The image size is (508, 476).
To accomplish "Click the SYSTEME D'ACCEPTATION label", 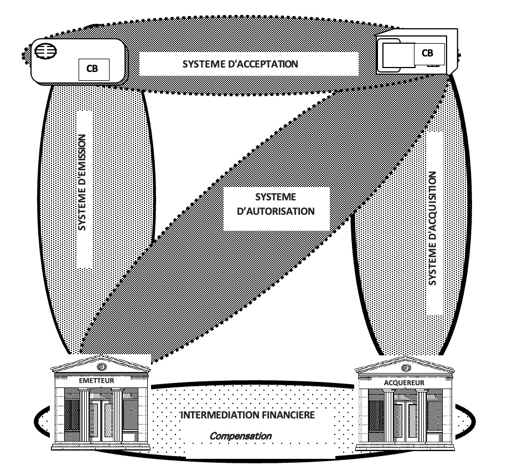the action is (240, 64).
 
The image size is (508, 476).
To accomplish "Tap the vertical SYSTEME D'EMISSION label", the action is (82, 183).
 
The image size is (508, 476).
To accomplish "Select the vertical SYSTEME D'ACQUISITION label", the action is (433, 228).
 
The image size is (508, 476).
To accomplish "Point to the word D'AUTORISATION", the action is (276, 211).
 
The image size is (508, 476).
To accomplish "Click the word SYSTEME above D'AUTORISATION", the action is (276, 197).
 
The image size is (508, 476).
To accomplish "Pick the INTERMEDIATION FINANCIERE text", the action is (247, 415).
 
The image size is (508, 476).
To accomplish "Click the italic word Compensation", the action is (241, 436).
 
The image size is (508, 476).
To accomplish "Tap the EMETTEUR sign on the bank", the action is (96, 380).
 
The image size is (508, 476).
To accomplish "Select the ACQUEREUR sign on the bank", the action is (404, 382).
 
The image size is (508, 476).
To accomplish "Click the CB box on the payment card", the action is (94, 69).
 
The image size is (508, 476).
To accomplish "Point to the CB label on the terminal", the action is (427, 53).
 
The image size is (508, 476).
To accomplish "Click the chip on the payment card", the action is (46, 51).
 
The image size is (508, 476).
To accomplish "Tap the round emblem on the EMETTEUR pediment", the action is (102, 366).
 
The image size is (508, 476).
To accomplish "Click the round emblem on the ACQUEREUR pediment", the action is (406, 368).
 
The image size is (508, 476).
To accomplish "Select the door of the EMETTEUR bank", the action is (101, 420).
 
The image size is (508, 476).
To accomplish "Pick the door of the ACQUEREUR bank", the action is (405, 422).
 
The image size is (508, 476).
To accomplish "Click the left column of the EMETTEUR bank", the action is (85, 416).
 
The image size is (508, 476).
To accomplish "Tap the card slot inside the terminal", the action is (398, 55).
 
